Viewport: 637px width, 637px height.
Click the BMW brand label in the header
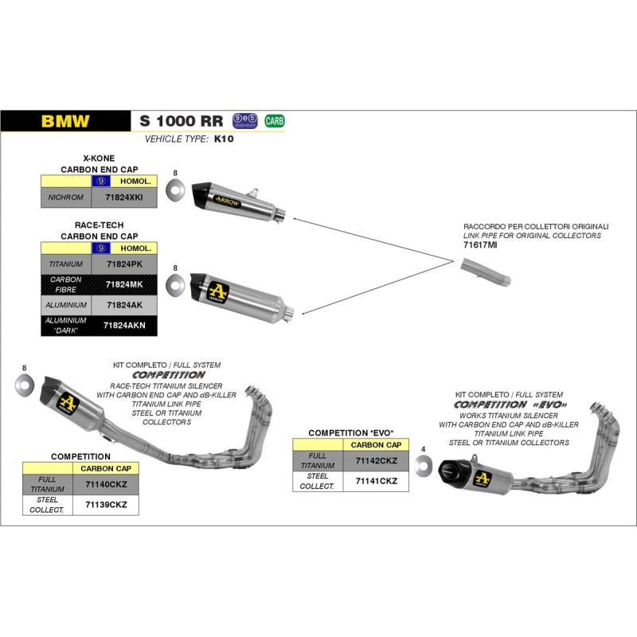coord(65,122)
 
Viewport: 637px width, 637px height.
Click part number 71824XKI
coord(124,196)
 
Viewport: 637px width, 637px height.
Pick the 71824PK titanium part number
coord(124,263)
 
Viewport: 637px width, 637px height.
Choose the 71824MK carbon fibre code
coord(124,284)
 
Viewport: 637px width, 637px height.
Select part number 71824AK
coord(124,305)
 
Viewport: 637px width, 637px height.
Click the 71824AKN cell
coord(124,325)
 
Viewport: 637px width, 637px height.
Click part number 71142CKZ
coord(375,460)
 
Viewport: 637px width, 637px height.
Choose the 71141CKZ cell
coord(375,481)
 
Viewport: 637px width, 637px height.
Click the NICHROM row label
coord(64,196)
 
